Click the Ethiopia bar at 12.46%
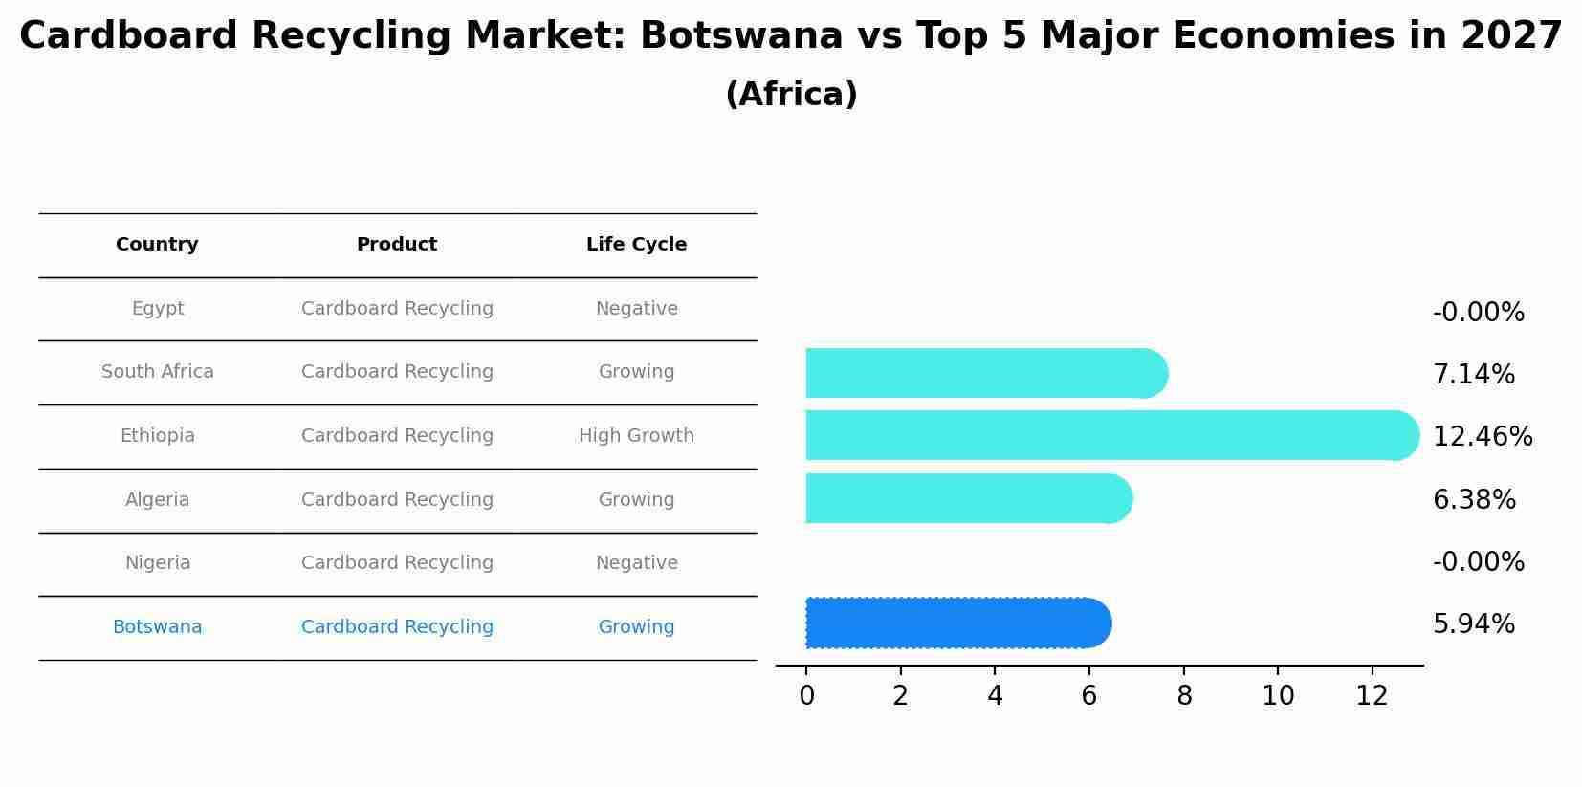coord(1110,435)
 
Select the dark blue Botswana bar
coord(956,623)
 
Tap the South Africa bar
coord(985,373)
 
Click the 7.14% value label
coord(1473,375)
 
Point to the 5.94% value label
coord(1473,624)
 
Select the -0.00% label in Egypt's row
coord(1478,313)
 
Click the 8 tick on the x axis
coord(1184,696)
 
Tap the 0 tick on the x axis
coord(806,696)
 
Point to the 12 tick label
coord(1372,696)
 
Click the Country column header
coord(157,245)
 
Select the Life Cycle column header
coord(636,245)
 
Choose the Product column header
coord(397,245)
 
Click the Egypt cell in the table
coord(158,309)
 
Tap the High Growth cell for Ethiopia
coord(636,436)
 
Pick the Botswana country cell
coord(157,627)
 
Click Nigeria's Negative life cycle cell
coord(636,563)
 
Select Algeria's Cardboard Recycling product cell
coord(397,500)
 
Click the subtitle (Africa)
coord(791,95)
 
